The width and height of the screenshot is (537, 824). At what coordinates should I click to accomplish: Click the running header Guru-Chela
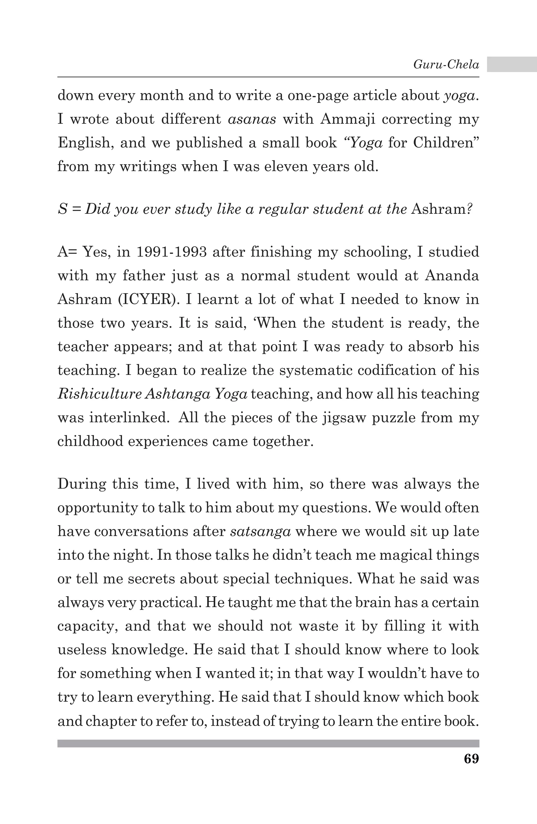click(446, 64)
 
